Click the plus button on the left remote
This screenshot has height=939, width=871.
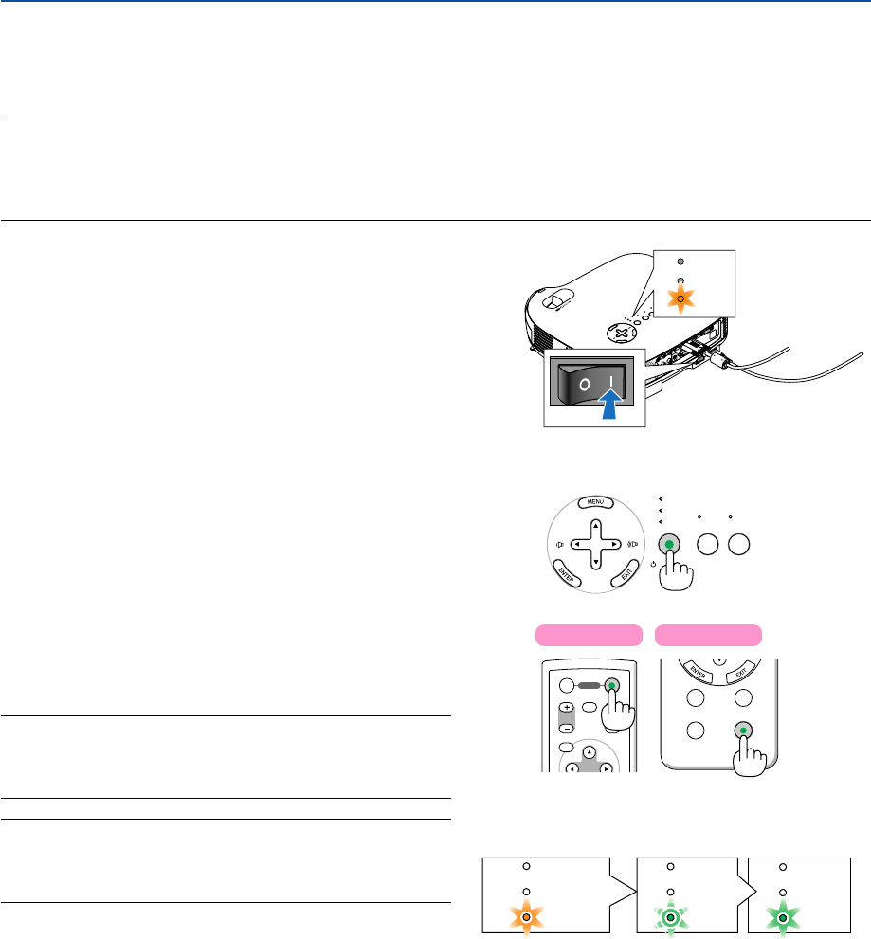tap(565, 708)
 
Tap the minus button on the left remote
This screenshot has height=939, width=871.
tap(565, 730)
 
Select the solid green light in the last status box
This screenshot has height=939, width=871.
tap(783, 918)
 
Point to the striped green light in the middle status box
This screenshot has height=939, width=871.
tap(670, 918)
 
